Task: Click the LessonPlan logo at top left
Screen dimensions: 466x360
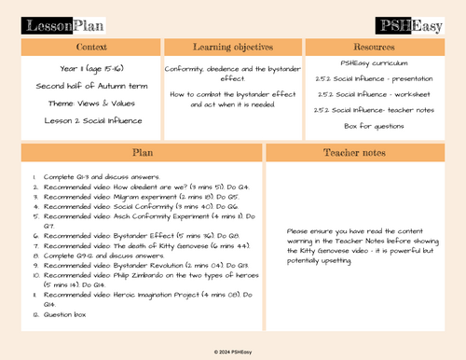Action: (x=67, y=24)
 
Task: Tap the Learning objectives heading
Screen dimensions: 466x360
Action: (x=232, y=47)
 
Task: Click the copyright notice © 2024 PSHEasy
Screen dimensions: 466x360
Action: (x=233, y=352)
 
